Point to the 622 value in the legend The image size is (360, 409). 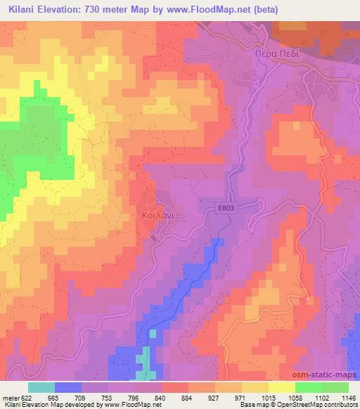coord(27,397)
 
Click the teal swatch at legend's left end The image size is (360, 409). coord(41,387)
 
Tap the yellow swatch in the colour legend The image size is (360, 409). coord(281,387)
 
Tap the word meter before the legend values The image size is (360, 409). coord(9,397)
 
